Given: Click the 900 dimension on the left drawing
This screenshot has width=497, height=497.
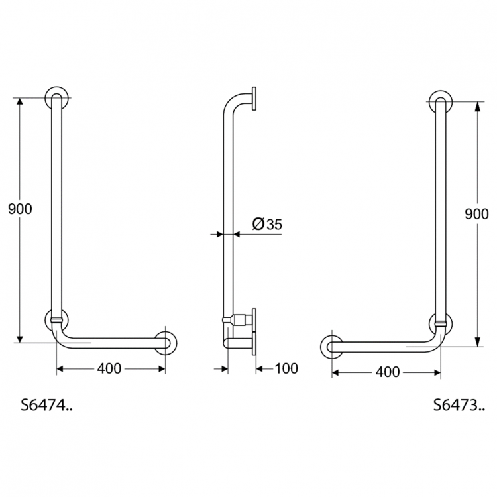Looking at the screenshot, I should pos(21,209).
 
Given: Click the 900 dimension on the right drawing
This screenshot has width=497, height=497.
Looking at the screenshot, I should pos(477,213).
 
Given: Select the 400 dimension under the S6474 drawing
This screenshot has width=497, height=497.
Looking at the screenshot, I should pos(109,368).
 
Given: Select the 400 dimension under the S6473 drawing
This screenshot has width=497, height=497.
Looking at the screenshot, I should pos(387,372).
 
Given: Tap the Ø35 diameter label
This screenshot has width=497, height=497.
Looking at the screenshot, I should pos(267,225).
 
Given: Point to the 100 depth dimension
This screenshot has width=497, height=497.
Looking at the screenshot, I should pos(286,368).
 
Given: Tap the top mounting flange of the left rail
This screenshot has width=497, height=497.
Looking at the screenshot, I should pos(56,97).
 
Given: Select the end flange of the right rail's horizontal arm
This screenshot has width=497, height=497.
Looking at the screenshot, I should pos(331,347).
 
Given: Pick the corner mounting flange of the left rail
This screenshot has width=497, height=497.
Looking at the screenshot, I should pos(56,319).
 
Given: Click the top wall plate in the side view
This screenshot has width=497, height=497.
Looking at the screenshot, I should pos(254,99).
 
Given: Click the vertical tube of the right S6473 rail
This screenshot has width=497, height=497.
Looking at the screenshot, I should pos(441,212).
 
